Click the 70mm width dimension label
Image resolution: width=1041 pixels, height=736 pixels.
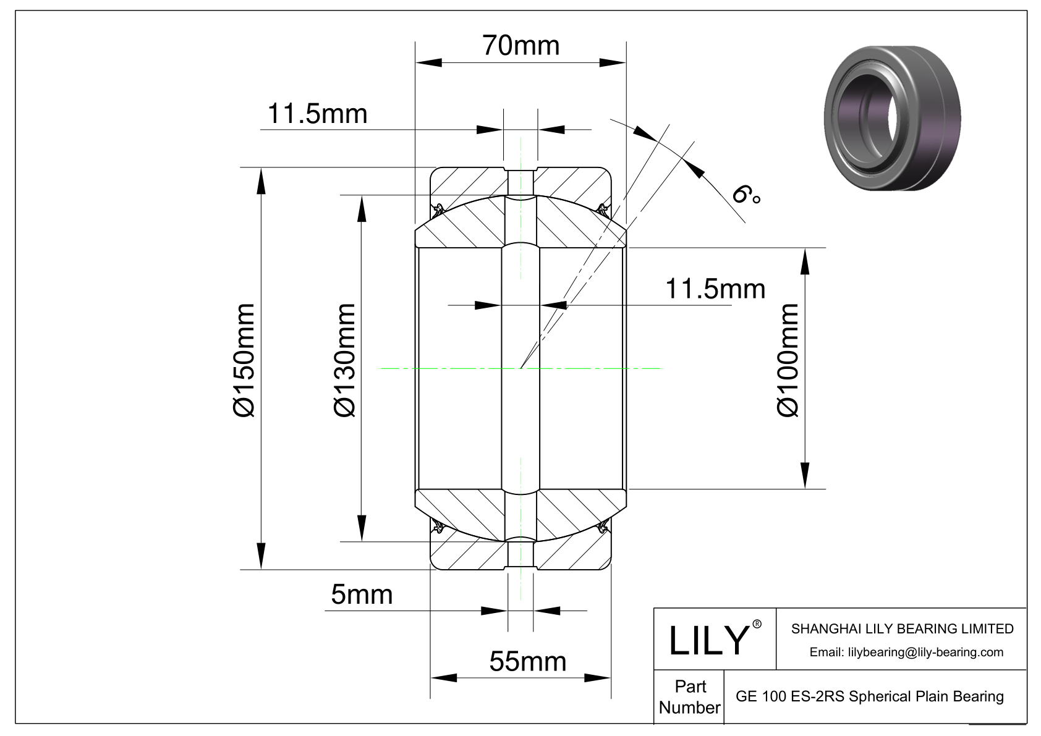click(x=520, y=46)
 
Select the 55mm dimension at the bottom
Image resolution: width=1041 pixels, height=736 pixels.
click(x=527, y=662)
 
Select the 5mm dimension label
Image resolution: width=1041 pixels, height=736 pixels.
click(x=362, y=594)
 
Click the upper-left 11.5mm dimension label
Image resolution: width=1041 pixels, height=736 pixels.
click(x=317, y=114)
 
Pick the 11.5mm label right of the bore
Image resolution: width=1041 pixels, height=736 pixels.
click(x=715, y=289)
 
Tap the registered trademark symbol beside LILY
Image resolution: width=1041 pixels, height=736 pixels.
click(x=757, y=625)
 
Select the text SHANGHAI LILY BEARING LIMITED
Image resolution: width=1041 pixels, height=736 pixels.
click(x=902, y=629)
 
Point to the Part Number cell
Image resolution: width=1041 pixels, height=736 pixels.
click(x=689, y=697)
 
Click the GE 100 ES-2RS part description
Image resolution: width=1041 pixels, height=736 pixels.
click(x=869, y=697)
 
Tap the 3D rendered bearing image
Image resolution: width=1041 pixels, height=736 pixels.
click(x=892, y=117)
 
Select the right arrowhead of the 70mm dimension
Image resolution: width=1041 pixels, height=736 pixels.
click(x=613, y=62)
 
